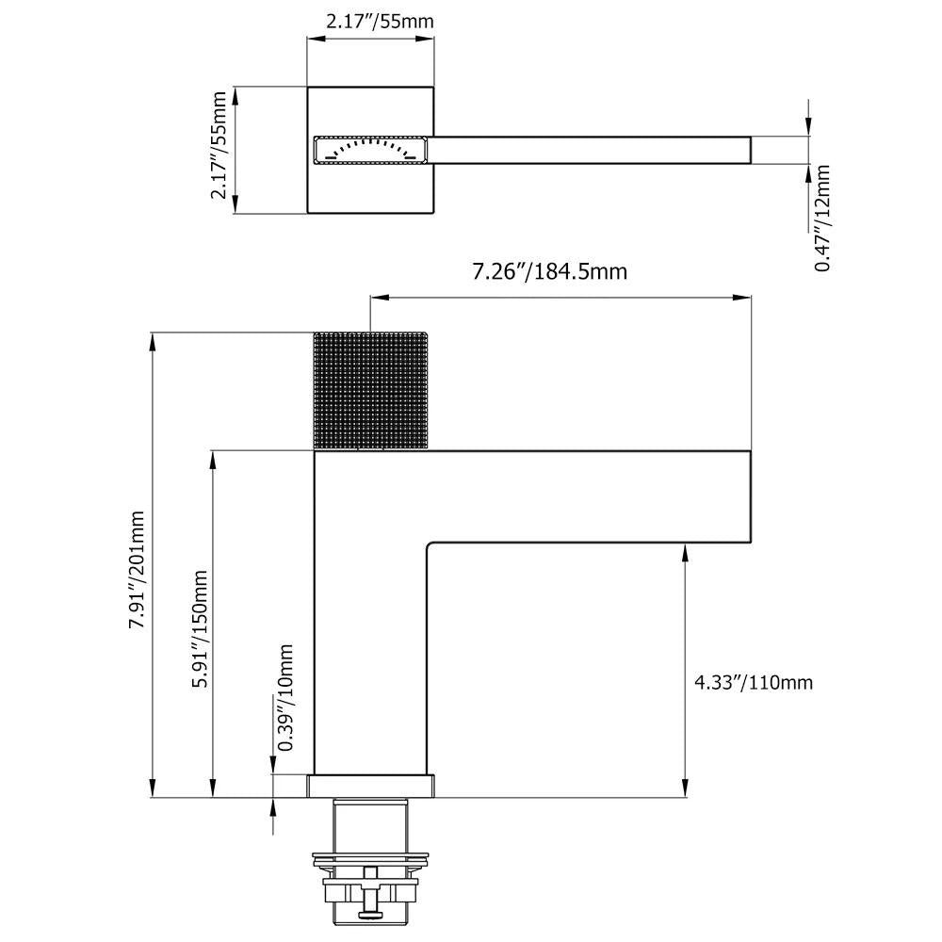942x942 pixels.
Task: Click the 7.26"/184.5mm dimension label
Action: [x=550, y=272]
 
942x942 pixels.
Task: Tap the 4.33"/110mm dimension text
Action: [x=754, y=682]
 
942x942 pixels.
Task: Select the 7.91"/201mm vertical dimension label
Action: [x=137, y=570]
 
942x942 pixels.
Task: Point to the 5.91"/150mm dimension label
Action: [x=199, y=629]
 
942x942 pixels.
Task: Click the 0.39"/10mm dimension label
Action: [x=285, y=697]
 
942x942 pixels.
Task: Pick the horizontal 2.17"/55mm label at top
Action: [x=380, y=22]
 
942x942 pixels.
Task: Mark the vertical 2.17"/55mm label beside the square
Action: [x=219, y=145]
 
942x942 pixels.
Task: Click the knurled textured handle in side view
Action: [x=370, y=390]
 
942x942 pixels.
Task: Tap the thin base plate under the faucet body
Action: [x=370, y=787]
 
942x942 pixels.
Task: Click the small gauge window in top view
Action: [x=370, y=150]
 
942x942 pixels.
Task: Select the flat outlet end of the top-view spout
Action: [x=751, y=150]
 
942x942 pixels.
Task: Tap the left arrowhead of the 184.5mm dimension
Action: [x=378, y=297]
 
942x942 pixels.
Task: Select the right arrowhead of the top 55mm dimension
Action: [x=426, y=39]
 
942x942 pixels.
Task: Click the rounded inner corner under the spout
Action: [x=430, y=546]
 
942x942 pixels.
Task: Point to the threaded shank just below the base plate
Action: [x=370, y=824]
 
